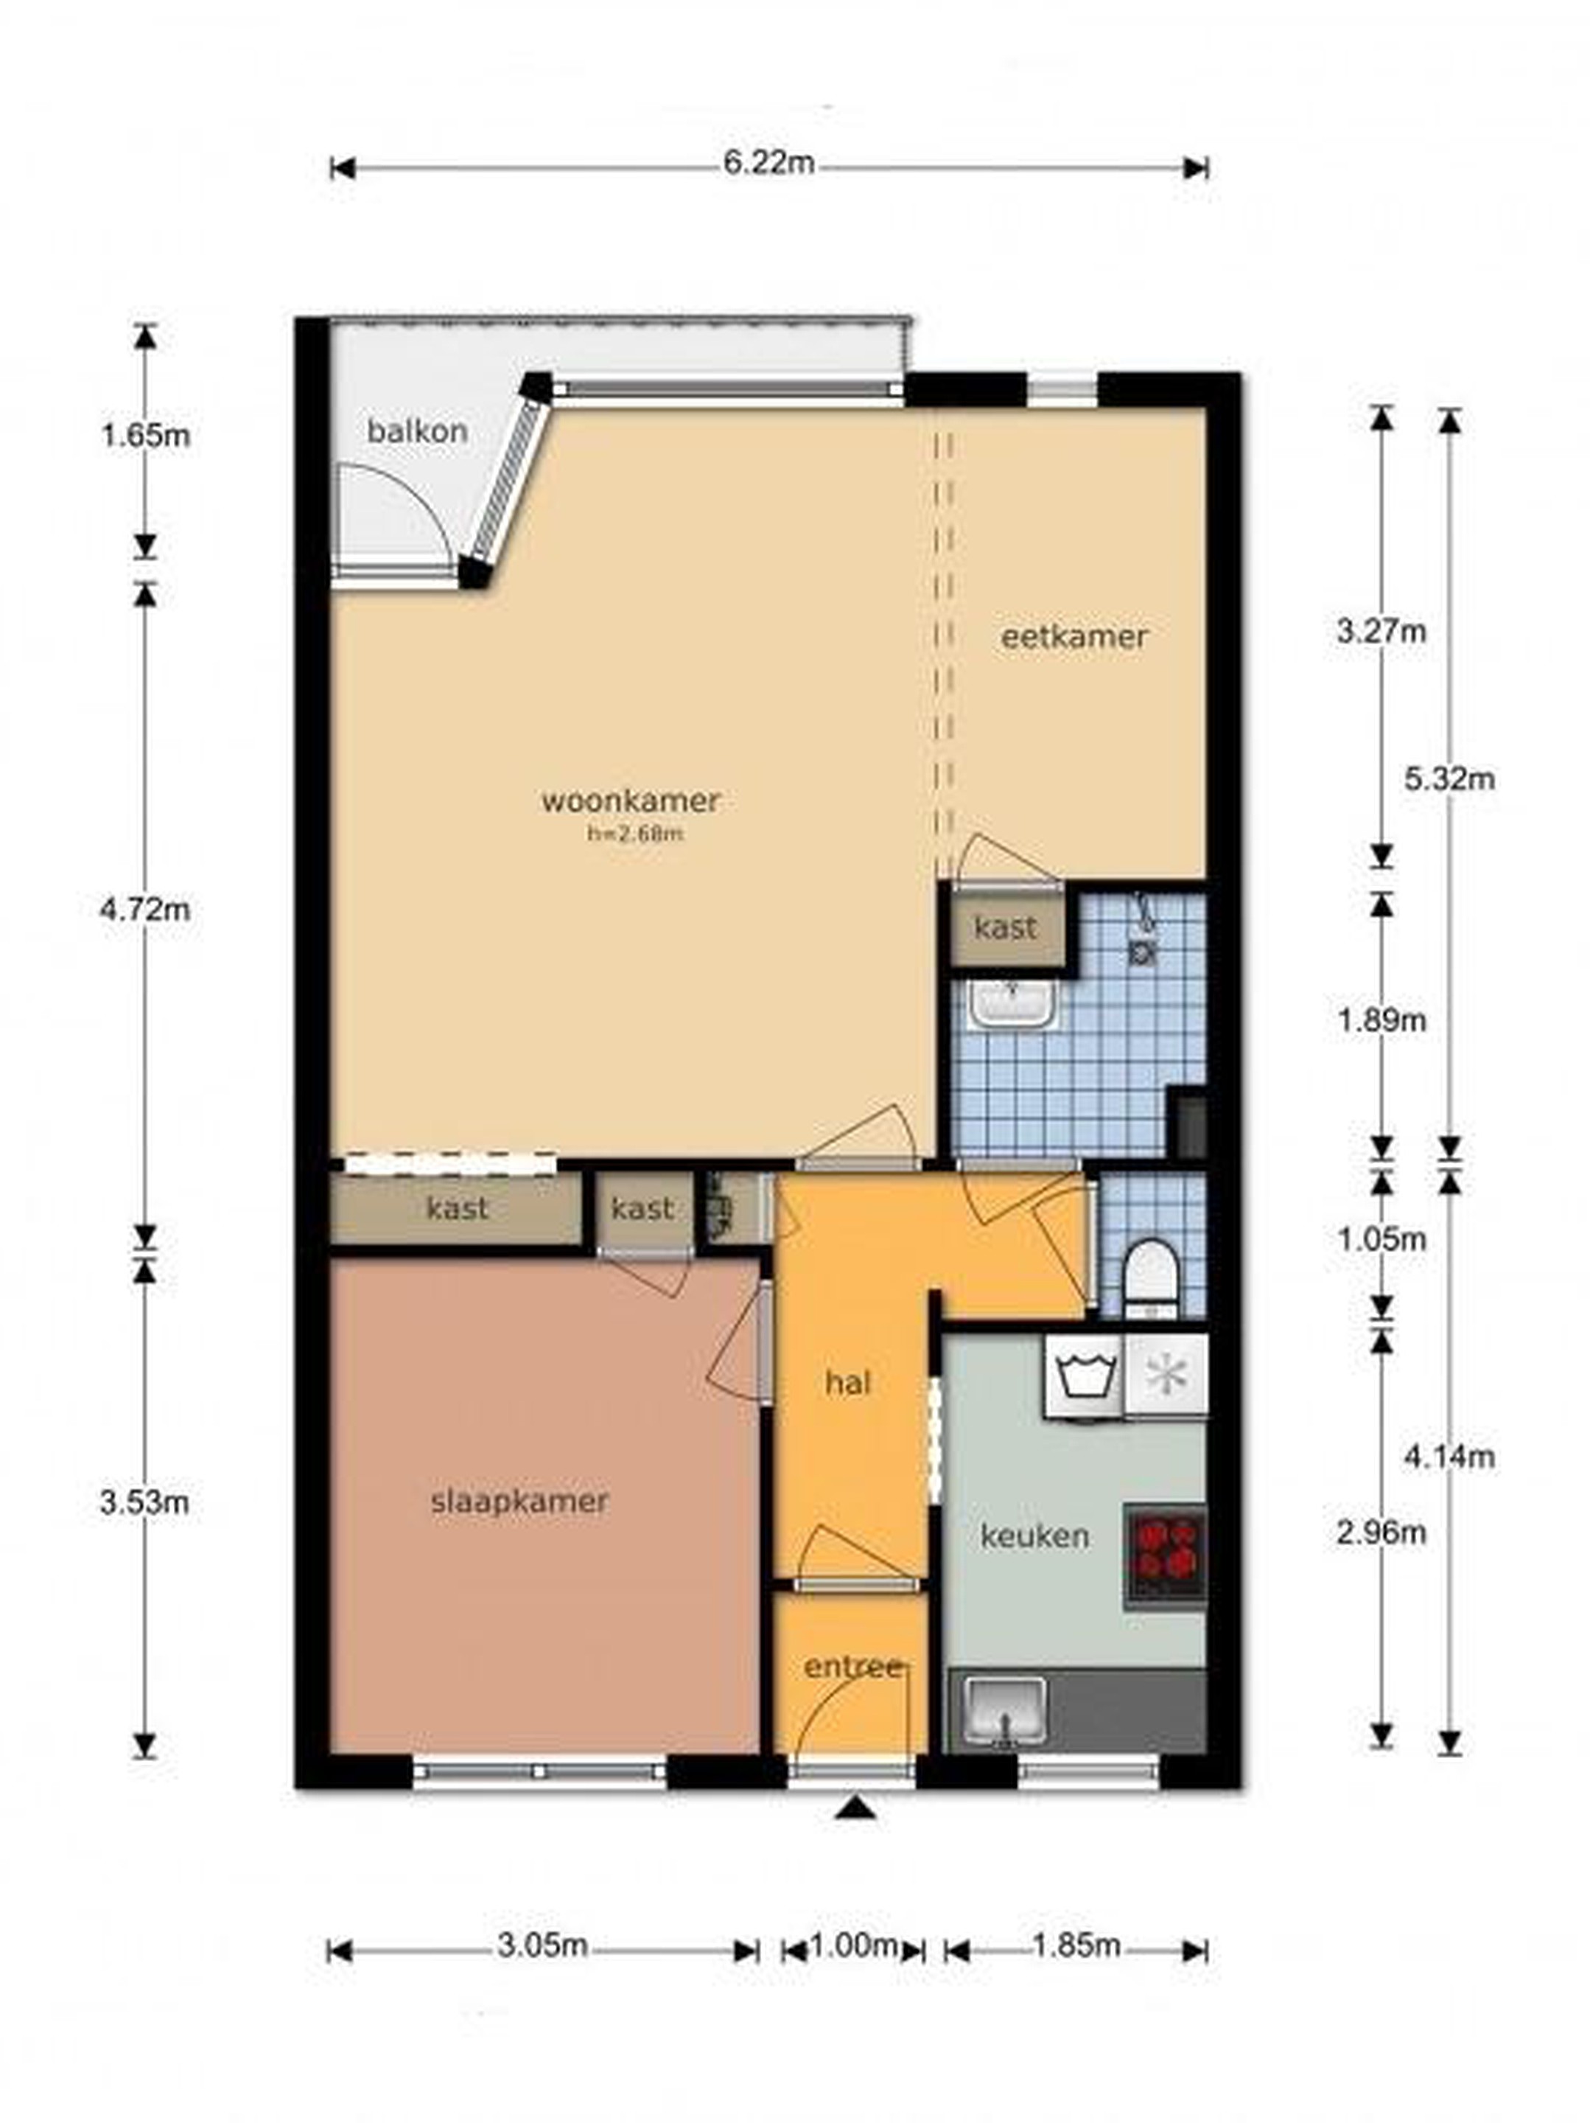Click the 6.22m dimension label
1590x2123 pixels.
pos(768,163)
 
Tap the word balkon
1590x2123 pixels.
pos(418,431)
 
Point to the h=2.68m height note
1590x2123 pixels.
pos(635,833)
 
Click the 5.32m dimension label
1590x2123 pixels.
pos(1449,778)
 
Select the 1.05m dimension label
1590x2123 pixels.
pos(1381,1239)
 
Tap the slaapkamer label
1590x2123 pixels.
pos(519,1502)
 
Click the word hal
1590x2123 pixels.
pos(848,1383)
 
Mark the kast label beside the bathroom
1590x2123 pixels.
pos(1006,928)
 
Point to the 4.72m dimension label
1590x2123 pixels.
pos(145,908)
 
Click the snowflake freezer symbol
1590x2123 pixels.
pos(1165,1376)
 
